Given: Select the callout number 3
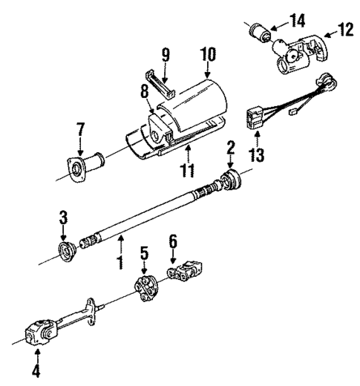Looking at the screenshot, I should (63, 217).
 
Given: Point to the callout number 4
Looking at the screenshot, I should (36, 369).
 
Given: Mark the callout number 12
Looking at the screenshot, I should (345, 29).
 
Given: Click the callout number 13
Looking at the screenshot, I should (258, 155).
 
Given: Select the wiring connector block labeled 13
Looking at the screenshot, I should (254, 117).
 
